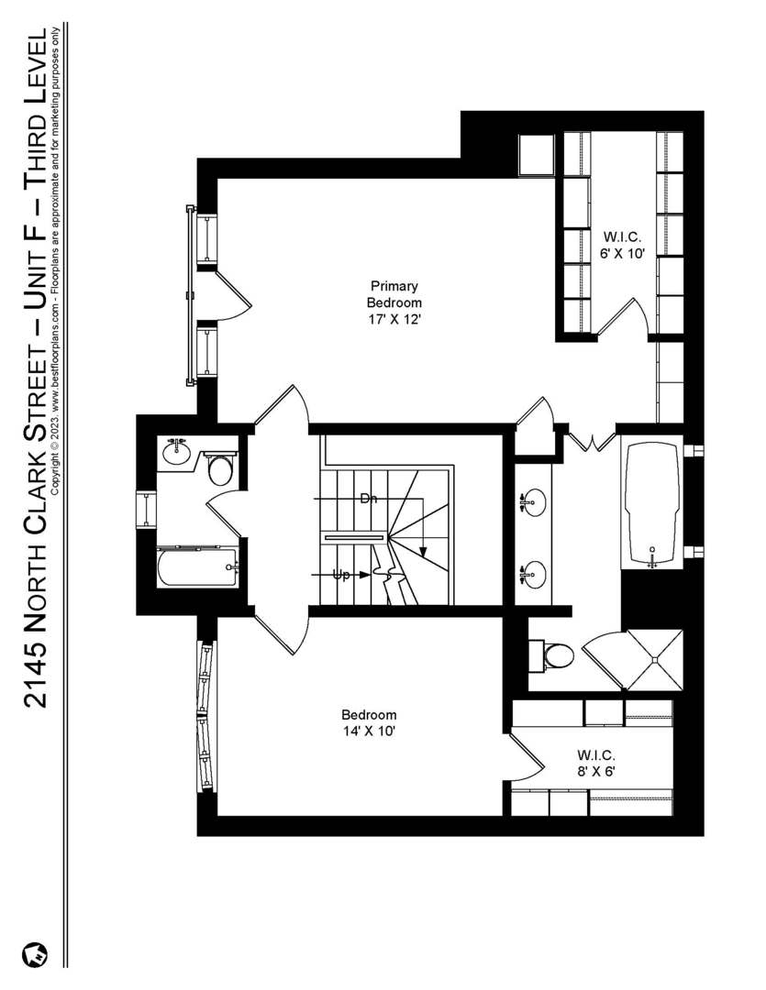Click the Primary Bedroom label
tap(394, 294)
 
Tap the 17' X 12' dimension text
tap(394, 319)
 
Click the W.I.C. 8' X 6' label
tap(596, 763)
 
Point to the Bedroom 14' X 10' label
tap(369, 722)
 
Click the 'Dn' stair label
tap(369, 499)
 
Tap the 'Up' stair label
tap(341, 575)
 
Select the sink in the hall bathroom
tap(176, 451)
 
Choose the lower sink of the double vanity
tap(533, 575)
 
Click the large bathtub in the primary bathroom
tap(652, 502)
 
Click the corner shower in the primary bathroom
tap(653, 659)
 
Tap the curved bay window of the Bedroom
tap(206, 715)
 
